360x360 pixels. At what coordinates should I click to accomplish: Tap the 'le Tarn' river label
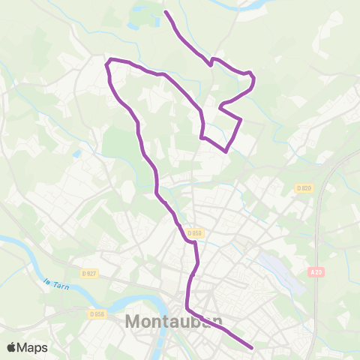click(x=55, y=283)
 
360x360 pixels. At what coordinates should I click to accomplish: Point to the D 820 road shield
click(x=303, y=187)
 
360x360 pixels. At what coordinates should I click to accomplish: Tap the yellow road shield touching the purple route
click(x=196, y=233)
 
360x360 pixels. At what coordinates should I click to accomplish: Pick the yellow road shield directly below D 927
click(x=96, y=314)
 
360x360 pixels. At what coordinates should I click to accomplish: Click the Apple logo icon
click(x=13, y=347)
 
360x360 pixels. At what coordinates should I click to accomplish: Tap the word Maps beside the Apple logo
click(x=33, y=347)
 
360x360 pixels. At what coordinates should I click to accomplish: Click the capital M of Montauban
click(x=130, y=322)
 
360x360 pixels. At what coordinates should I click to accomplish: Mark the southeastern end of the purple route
click(x=250, y=348)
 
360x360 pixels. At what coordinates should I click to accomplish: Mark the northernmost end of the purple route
click(x=166, y=13)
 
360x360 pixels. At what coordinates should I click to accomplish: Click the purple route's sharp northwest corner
click(x=110, y=60)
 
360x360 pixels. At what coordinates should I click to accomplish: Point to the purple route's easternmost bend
click(x=253, y=77)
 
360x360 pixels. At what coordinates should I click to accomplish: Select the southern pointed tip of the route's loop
click(x=226, y=151)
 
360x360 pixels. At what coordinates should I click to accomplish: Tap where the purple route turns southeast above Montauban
click(x=187, y=309)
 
